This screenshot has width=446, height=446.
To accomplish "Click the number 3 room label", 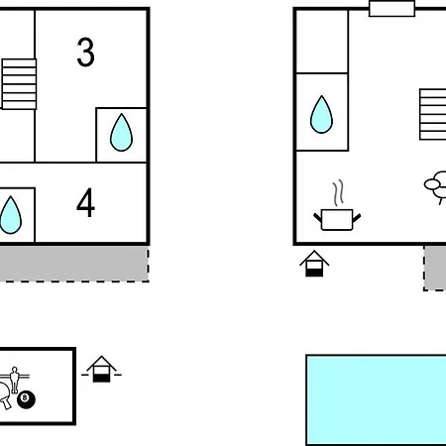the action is [x=85, y=52].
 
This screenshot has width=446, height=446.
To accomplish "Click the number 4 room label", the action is [x=85, y=202].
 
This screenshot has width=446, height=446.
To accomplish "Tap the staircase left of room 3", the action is [x=19, y=84].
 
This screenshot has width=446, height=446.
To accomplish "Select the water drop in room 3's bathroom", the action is [x=121, y=133].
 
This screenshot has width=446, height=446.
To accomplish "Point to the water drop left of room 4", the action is [x=11, y=215].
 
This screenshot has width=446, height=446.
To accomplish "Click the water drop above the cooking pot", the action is [x=321, y=114].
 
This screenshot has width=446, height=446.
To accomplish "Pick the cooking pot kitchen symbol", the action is [x=337, y=219].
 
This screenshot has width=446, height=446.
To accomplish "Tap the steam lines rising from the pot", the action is [x=338, y=193].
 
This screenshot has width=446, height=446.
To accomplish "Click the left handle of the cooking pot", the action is [x=317, y=217].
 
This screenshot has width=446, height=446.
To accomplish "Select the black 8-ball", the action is [x=26, y=399].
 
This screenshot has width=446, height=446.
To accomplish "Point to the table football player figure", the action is [x=14, y=380].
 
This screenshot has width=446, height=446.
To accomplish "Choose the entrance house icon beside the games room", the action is [x=101, y=369].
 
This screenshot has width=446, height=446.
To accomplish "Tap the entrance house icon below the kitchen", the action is [x=314, y=264].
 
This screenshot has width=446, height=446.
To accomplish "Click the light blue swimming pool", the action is [x=376, y=400].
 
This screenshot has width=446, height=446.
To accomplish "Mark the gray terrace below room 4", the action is [x=74, y=264].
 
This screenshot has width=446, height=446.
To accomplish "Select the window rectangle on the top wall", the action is [x=391, y=9].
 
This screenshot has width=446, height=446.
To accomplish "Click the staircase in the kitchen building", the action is [x=433, y=114].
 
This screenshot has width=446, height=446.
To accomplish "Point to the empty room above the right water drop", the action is [x=322, y=42].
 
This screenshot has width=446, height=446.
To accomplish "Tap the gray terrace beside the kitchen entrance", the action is [x=435, y=268].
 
